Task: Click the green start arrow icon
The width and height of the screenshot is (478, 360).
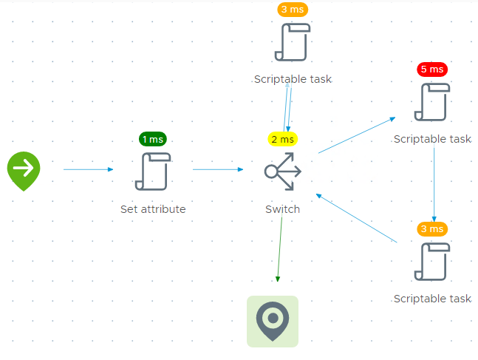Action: coord(24,169)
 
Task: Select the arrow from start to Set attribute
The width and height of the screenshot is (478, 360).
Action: coord(88,169)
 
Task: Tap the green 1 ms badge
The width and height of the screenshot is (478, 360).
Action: coord(153,139)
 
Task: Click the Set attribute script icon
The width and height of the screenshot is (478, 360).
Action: coord(153,171)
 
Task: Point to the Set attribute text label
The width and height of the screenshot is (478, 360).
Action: coord(153,209)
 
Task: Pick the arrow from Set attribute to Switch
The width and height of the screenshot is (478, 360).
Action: coord(217,169)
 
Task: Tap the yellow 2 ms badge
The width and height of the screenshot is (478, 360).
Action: coord(282,139)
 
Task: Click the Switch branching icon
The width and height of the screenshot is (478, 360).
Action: coord(283,172)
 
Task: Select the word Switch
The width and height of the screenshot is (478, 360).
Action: coord(283,209)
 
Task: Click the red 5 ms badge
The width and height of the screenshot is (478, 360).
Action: coord(432,69)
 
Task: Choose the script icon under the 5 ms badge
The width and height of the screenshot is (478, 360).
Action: coord(432,101)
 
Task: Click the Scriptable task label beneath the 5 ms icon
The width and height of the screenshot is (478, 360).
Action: coord(432,139)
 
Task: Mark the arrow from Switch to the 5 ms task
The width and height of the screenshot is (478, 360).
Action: coord(357,135)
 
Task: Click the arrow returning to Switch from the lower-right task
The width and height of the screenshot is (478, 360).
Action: coord(356,218)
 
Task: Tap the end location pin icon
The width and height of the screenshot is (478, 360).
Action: coord(273,321)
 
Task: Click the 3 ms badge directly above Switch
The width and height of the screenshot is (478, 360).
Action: coord(293,10)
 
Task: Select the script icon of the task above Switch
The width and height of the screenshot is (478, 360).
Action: coord(293,41)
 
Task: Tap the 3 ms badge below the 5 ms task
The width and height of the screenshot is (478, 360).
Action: coord(432,229)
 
